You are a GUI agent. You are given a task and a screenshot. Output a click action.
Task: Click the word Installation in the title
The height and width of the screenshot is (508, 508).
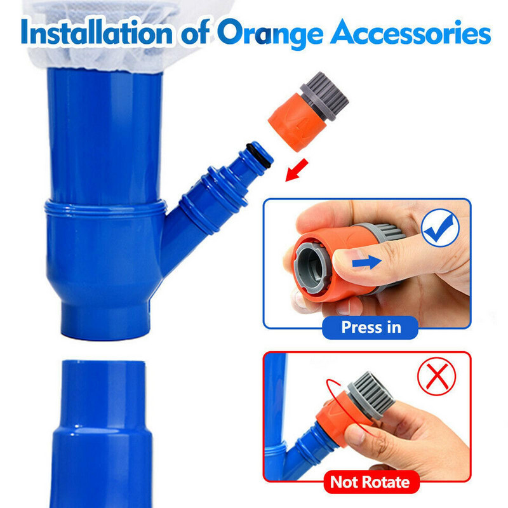point(97,33)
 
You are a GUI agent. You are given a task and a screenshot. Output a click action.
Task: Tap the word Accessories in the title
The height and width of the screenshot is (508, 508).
point(410,32)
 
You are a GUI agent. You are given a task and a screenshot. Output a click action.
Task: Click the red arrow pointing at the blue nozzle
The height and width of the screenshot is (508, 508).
point(296,170)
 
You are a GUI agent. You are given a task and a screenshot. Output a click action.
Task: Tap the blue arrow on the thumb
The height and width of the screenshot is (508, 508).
point(366,262)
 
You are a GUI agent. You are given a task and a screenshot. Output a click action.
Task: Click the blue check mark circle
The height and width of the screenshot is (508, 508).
point(440,227)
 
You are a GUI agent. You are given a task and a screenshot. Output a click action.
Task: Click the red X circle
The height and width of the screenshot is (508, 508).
point(437,376)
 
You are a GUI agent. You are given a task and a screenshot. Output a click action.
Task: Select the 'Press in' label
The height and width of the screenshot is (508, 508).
point(371,327)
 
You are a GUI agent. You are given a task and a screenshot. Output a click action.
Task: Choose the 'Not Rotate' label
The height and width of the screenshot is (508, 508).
point(370,482)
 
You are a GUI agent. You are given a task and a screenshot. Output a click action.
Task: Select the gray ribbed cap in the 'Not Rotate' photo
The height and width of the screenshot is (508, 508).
point(371,395)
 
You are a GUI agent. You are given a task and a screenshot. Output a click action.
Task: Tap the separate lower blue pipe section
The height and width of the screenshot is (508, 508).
point(102,434)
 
